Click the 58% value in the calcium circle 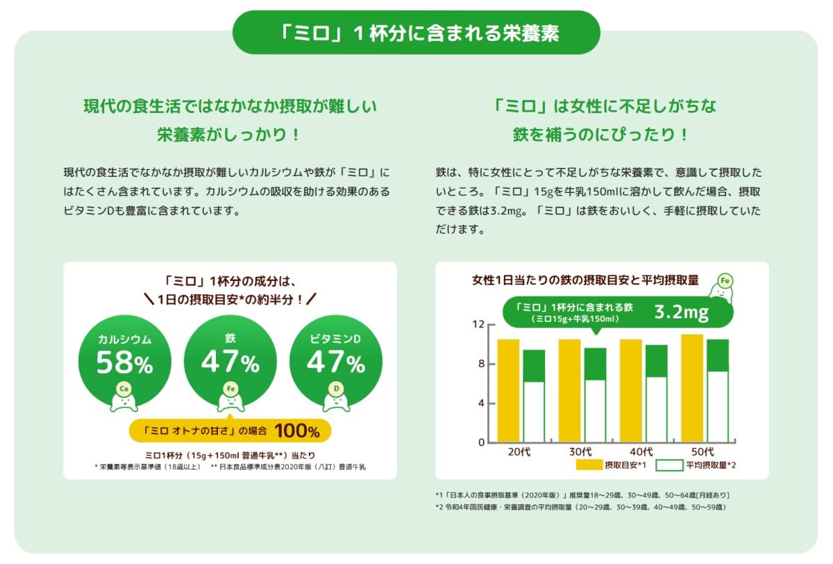point(124,362)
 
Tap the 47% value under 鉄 point(230,362)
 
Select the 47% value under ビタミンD point(336,362)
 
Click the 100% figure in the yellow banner point(296,431)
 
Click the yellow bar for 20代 point(508,390)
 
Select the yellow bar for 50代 point(692,388)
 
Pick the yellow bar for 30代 point(569,390)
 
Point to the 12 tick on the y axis point(478,325)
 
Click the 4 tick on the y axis point(481,403)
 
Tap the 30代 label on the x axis point(580,452)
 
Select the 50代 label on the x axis point(703,452)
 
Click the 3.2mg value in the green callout point(681,312)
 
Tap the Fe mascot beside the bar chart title point(724,287)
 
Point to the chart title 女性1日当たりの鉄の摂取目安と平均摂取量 point(585,280)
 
